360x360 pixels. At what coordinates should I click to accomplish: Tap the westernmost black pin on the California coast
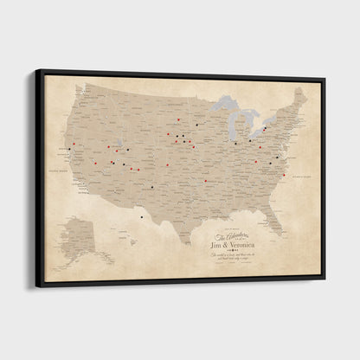click(68, 150)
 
